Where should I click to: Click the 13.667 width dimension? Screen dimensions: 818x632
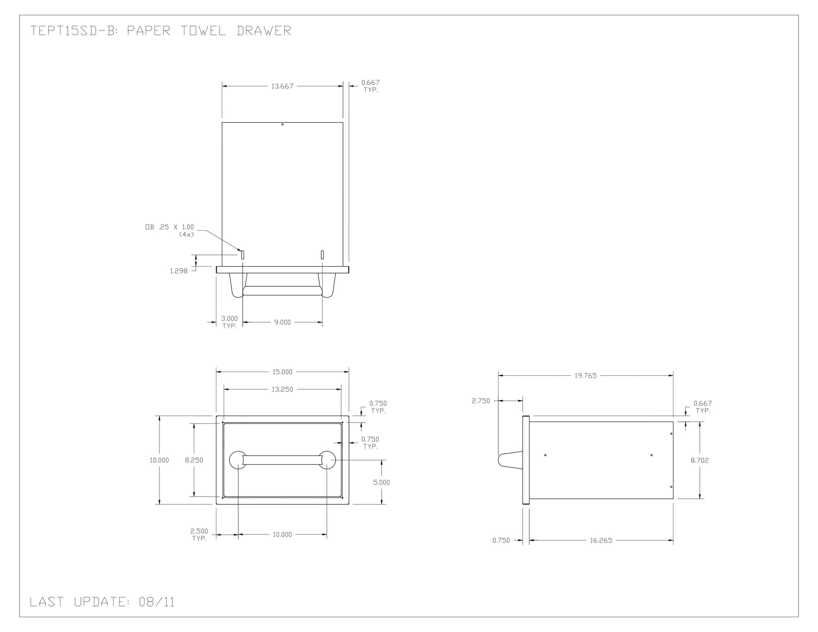point(282,86)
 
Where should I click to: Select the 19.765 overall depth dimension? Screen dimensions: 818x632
point(585,376)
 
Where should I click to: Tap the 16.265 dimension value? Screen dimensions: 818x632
point(601,540)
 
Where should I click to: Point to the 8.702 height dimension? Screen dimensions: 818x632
point(699,460)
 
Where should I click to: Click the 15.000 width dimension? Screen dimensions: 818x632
point(282,372)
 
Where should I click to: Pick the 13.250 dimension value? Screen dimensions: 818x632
point(282,389)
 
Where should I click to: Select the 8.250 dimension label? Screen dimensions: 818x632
point(194,460)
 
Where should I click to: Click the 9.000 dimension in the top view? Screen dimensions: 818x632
point(282,322)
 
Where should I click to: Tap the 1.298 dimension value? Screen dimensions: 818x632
point(179,271)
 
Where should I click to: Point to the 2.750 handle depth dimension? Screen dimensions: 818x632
point(481,401)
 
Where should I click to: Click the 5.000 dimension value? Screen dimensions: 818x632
point(381,483)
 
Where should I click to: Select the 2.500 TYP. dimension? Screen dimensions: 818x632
point(199,535)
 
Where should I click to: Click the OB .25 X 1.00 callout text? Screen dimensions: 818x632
point(170,227)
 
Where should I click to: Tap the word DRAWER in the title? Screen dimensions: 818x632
point(264,30)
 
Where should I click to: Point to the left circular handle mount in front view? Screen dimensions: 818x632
point(238,460)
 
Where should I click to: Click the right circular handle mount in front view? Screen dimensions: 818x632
point(327,460)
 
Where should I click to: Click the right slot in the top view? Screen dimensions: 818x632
point(322,255)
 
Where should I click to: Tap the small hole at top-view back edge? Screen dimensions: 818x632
point(282,124)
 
